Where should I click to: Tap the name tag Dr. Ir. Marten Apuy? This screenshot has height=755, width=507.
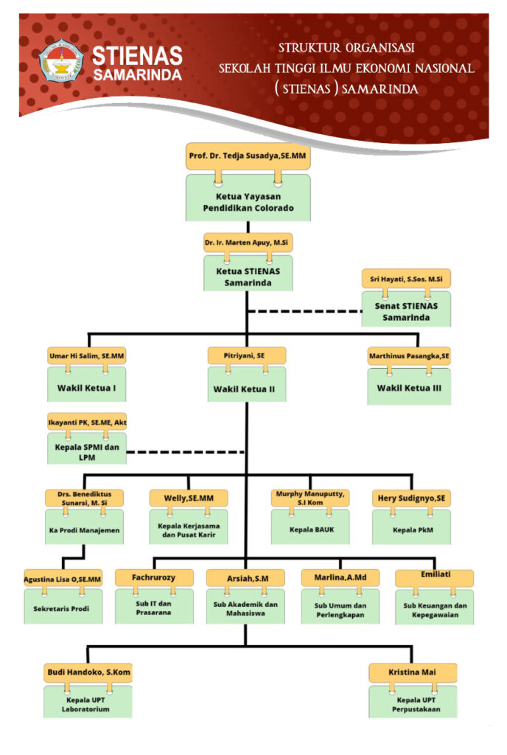[248, 243]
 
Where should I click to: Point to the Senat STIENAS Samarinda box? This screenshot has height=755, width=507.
[407, 310]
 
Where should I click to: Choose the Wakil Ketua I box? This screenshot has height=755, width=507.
[86, 387]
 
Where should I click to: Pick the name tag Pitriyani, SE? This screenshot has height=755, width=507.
[246, 355]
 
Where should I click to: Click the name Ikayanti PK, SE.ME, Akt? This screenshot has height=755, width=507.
[87, 422]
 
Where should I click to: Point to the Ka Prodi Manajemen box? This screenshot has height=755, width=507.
[84, 529]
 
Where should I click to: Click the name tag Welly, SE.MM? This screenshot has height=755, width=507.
[184, 498]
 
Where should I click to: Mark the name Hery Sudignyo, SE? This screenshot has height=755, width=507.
[410, 498]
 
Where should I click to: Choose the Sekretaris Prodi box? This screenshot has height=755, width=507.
[62, 609]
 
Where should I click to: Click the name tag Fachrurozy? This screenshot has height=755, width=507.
[154, 577]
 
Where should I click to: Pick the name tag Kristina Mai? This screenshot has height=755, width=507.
[413, 672]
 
